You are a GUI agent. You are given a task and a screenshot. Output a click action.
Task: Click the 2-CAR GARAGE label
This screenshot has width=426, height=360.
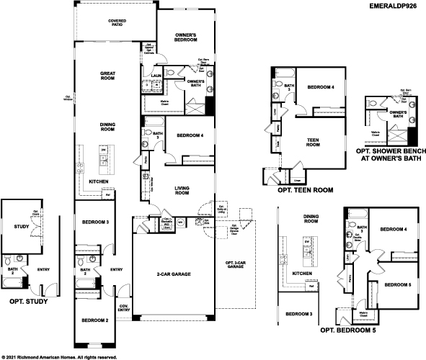click(x=173, y=274)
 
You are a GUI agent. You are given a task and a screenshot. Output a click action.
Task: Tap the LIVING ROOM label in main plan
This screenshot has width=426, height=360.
click(x=182, y=190)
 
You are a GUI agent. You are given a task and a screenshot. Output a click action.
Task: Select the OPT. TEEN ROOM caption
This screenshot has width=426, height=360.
click(x=305, y=192)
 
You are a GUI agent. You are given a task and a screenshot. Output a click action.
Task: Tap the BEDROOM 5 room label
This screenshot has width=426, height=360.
click(x=397, y=285)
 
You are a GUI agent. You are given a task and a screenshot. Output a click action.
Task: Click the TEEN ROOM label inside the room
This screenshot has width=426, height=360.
click(x=314, y=142)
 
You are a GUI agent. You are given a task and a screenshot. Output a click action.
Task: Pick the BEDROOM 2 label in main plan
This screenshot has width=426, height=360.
click(x=94, y=320)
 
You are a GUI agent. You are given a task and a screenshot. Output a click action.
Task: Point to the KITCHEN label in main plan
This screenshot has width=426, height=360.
click(x=99, y=182)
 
